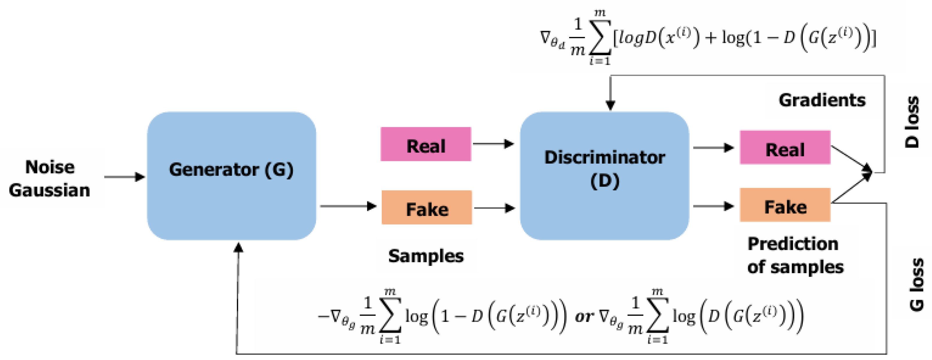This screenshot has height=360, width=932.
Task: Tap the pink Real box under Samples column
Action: pyautogui.click(x=426, y=144)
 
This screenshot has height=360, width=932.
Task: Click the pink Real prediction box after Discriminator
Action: pyautogui.click(x=785, y=148)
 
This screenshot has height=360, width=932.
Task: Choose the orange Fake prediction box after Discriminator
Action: pyautogui.click(x=785, y=205)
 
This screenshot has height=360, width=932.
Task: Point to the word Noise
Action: pyautogui.click(x=50, y=167)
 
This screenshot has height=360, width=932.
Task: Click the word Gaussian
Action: pyautogui.click(x=50, y=190)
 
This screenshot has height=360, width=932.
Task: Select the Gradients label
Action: pyautogui.click(x=822, y=100)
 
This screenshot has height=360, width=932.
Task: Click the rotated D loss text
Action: pyautogui.click(x=913, y=122)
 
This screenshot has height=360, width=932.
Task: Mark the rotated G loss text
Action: pyautogui.click(x=916, y=285)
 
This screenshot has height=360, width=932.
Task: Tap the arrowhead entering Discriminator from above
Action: pyautogui.click(x=610, y=105)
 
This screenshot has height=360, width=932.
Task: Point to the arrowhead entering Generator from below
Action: pyautogui.click(x=238, y=248)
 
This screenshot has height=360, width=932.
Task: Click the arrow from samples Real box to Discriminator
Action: pyautogui.click(x=493, y=144)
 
